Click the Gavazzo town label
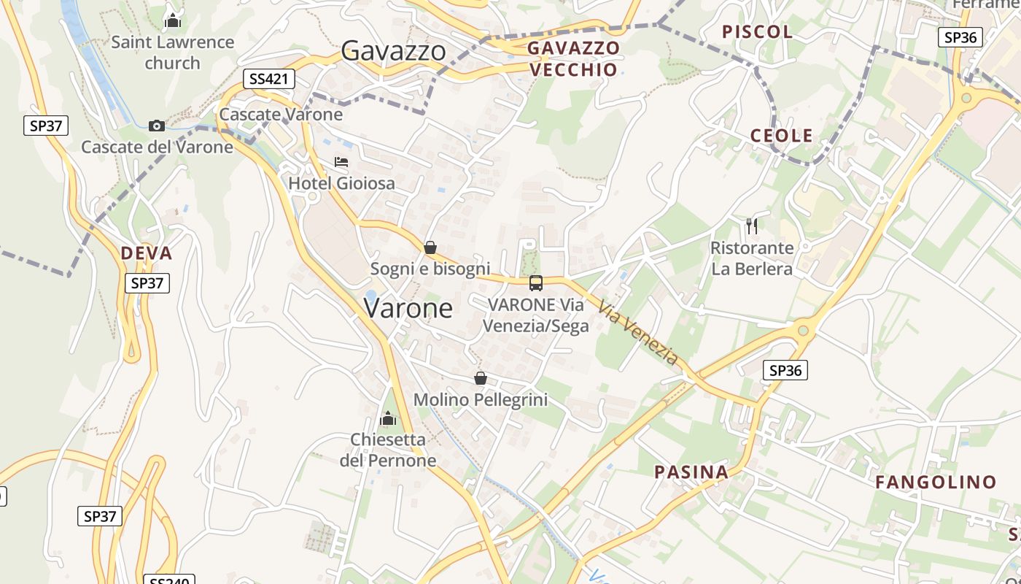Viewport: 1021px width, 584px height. [393, 50]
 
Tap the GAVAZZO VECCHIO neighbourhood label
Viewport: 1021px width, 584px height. [574, 59]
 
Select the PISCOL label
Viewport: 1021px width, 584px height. [757, 31]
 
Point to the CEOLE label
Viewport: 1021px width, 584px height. [782, 136]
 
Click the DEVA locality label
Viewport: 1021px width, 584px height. [146, 253]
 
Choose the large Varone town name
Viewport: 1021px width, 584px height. [408, 309]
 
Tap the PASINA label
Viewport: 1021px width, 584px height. [691, 472]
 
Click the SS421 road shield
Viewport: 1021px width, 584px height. [269, 79]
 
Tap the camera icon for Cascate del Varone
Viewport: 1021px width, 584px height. [157, 126]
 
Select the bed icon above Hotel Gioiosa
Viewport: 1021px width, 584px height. [341, 162]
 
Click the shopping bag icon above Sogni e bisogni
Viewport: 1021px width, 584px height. [430, 247]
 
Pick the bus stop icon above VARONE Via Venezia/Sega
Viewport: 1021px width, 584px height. [536, 283]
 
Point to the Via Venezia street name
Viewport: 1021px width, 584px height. [638, 333]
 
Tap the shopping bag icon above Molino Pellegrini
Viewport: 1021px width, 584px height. [480, 378]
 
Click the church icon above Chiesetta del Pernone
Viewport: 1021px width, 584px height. [388, 418]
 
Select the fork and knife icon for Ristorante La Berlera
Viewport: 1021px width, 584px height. [752, 226]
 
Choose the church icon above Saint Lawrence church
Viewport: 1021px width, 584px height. [173, 20]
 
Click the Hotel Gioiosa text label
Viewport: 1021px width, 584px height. [342, 183]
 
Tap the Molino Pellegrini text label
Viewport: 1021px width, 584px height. [480, 400]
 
